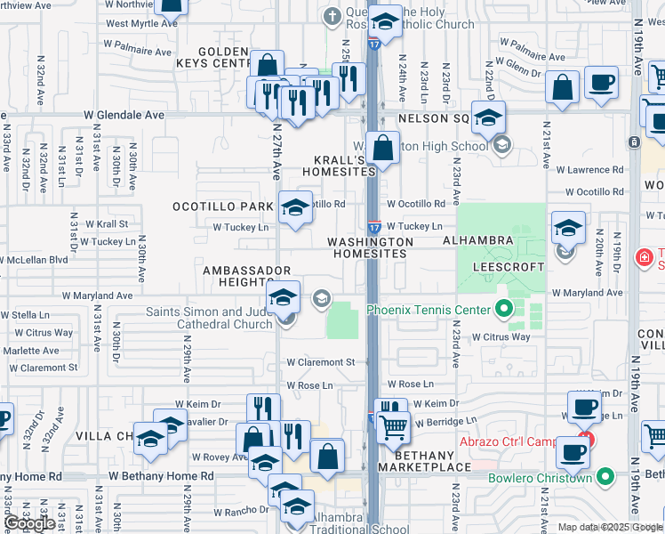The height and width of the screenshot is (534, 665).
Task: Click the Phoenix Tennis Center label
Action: click(x=429, y=310)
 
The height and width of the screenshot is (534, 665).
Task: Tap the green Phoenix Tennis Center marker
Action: click(x=505, y=310)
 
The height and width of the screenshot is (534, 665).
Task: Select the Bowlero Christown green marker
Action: click(x=607, y=477)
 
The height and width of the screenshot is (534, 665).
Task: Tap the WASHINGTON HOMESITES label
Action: click(x=370, y=247)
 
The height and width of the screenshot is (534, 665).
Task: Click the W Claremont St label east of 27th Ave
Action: click(x=320, y=362)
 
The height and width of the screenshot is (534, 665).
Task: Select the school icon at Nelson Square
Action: click(x=488, y=117)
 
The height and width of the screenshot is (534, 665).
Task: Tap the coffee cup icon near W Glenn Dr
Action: click(x=602, y=83)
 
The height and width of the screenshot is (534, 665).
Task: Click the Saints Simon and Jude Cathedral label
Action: click(x=209, y=318)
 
